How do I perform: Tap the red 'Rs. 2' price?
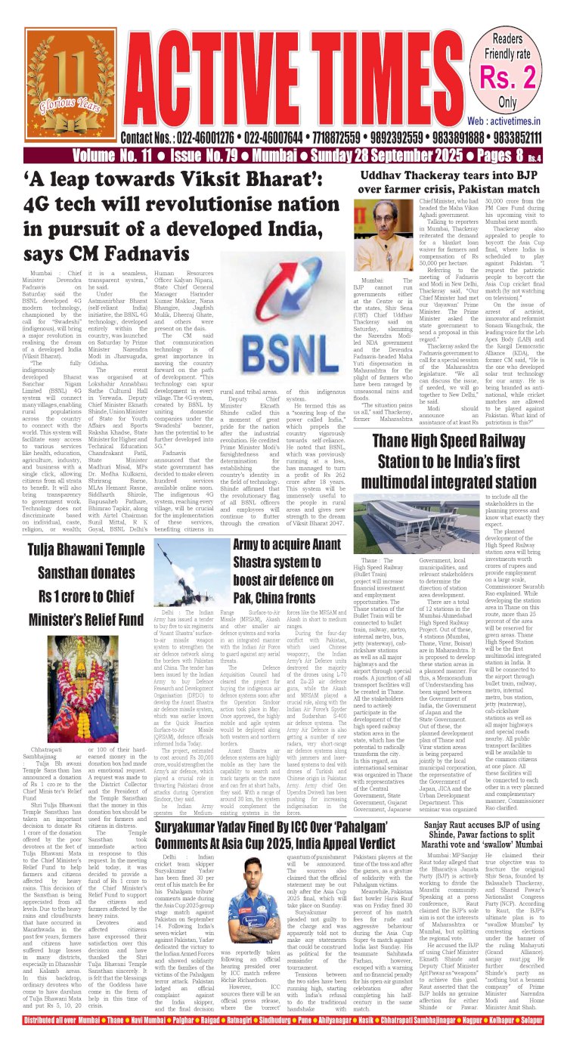coord(518,76)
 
